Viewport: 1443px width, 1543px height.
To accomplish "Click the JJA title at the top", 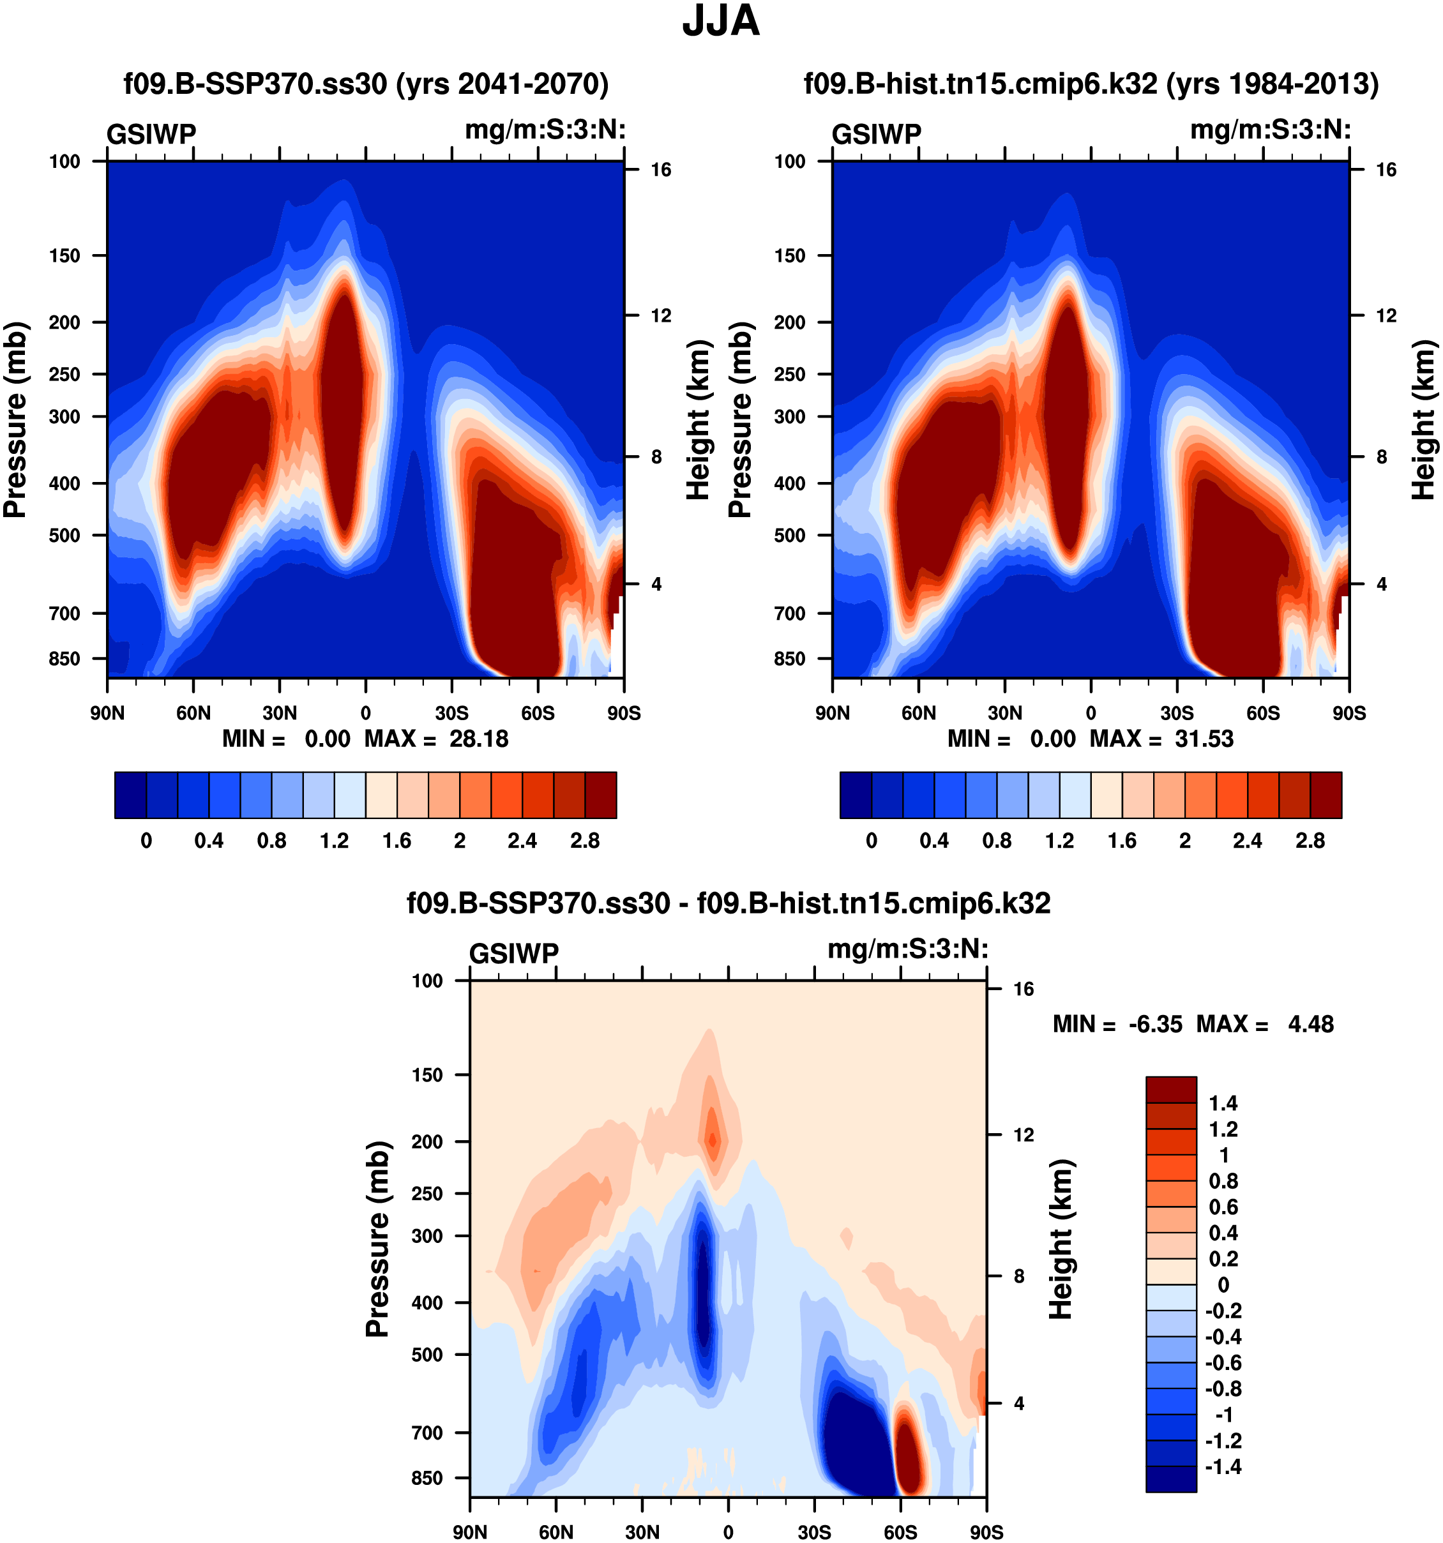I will (720, 22).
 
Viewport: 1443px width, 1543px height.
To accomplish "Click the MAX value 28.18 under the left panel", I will (479, 739).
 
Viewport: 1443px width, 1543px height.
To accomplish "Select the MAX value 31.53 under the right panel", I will (1204, 739).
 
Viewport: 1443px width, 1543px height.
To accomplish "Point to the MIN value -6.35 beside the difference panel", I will (1155, 1025).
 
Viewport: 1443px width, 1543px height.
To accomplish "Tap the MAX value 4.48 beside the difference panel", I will (1310, 1025).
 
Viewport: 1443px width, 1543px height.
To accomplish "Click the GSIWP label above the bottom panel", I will (514, 953).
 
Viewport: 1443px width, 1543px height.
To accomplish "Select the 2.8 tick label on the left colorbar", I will (584, 841).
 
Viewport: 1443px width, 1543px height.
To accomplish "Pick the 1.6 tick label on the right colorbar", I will (1122, 841).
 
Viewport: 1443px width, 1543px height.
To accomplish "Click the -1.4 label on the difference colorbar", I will (1223, 1467).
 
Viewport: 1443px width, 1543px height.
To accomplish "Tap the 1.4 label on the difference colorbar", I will (1223, 1104).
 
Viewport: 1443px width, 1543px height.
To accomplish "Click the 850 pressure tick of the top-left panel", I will (64, 659).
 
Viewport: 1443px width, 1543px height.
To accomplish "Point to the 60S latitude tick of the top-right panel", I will (1263, 713).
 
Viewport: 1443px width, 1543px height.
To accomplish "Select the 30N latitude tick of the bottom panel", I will (642, 1532).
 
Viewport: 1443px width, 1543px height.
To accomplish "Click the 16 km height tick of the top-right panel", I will (1386, 170).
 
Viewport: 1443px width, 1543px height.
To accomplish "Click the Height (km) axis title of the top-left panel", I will (699, 419).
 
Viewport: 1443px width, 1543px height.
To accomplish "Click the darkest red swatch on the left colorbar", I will (601, 795).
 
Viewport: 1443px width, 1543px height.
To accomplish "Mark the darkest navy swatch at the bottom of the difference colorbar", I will (1170, 1479).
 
